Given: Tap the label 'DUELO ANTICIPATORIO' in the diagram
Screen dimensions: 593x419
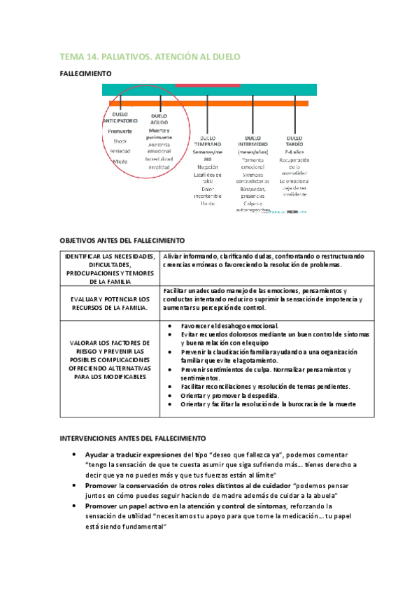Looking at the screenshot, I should click(x=120, y=117).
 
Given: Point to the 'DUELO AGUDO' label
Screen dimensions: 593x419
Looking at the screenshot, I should click(x=159, y=120).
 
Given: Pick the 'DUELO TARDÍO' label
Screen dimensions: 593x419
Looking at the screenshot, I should click(x=299, y=141).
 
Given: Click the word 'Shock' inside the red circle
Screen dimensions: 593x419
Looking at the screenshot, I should click(x=120, y=141).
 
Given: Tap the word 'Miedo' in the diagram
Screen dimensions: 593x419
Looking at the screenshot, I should click(x=120, y=161).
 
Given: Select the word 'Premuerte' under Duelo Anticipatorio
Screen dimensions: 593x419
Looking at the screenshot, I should click(x=120, y=131).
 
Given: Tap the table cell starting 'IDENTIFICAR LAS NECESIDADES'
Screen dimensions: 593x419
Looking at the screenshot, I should click(x=110, y=269).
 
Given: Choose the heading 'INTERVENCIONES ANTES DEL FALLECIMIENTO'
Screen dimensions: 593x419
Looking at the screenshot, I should click(x=132, y=438).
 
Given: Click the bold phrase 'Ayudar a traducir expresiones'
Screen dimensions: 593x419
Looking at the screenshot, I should click(x=133, y=454).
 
